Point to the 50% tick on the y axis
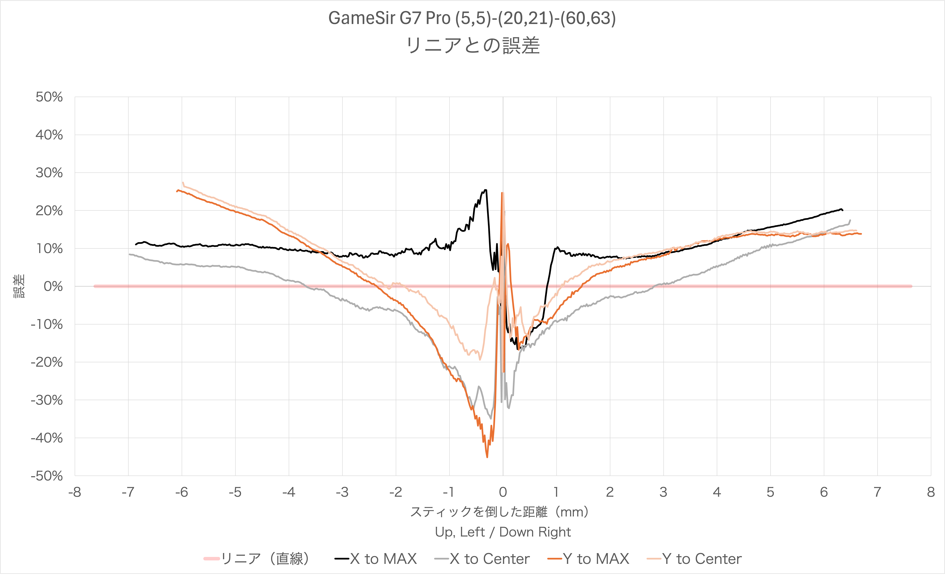(49, 97)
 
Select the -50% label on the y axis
(47, 476)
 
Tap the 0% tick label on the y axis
(53, 286)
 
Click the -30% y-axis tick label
(47, 400)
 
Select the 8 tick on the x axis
(931, 492)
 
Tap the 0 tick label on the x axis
(503, 492)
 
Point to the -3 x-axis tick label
(342, 492)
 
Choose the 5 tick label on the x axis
(770, 492)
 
